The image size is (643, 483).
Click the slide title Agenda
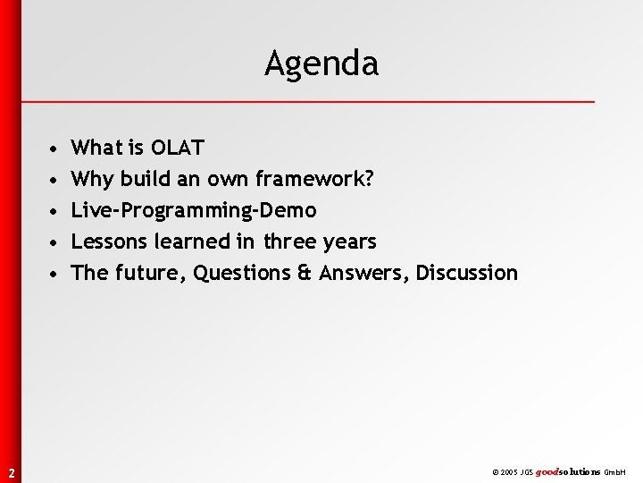click(x=321, y=64)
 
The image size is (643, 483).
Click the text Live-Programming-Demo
click(x=194, y=211)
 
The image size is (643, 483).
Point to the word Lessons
click(x=112, y=242)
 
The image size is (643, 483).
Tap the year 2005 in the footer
click(x=510, y=471)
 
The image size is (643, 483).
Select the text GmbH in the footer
click(x=616, y=471)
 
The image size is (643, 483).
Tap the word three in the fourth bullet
click(x=290, y=242)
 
